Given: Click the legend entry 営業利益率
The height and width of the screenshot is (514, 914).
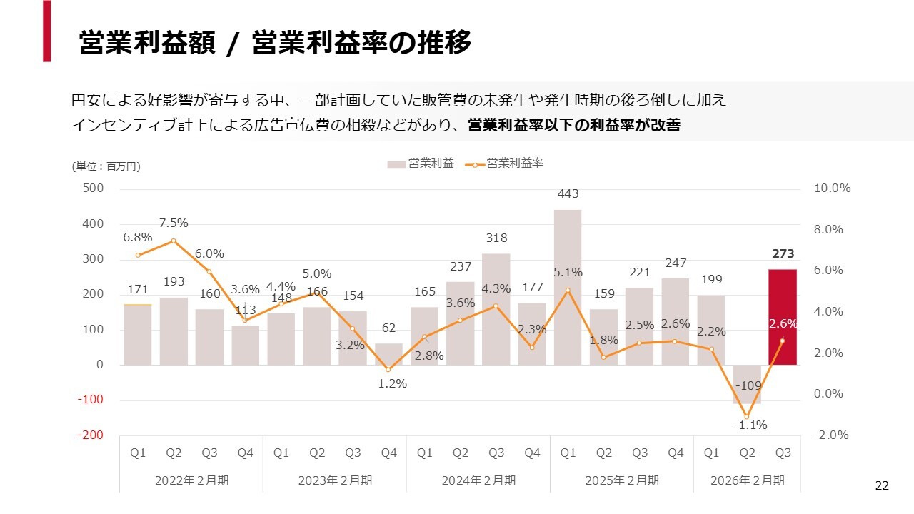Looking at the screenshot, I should (x=514, y=163).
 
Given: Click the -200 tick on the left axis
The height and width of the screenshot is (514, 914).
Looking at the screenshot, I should (x=91, y=435).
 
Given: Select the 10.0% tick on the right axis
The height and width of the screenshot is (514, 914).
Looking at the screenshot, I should (x=832, y=188).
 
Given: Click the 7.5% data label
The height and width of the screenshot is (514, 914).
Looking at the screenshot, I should (x=174, y=223).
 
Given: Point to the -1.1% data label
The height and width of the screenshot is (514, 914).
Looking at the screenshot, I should (x=750, y=425).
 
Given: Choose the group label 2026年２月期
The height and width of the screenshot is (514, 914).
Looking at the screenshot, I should (x=747, y=480).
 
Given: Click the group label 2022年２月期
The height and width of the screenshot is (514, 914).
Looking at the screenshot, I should (x=191, y=480).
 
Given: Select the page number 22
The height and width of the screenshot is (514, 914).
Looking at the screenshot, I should (x=882, y=486).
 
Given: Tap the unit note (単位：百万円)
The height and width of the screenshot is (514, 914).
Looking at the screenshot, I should (x=106, y=166).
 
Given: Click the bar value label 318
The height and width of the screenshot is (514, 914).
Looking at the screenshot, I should (x=496, y=238).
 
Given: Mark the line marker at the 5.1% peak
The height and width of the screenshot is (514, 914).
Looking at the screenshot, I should (x=568, y=291).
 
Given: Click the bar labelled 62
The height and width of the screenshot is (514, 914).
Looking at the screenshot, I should (x=388, y=354).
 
